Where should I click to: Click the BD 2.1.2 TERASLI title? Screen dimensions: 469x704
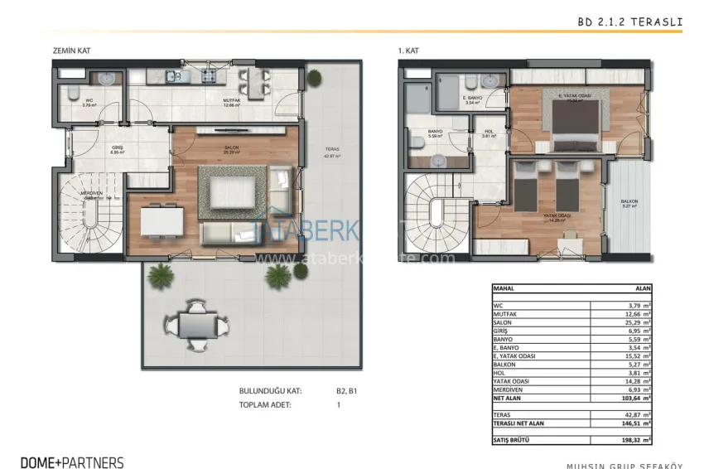(x=629, y=23)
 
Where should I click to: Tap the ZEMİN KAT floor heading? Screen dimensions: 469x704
(x=70, y=51)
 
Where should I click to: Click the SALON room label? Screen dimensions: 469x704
(x=232, y=147)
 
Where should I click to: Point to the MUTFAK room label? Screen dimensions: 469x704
(x=231, y=101)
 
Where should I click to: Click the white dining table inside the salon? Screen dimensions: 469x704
(x=162, y=221)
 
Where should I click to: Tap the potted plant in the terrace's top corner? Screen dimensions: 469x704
(x=314, y=78)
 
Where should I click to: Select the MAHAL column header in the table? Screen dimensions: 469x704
(x=505, y=289)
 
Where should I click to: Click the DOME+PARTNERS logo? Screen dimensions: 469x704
(x=72, y=462)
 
